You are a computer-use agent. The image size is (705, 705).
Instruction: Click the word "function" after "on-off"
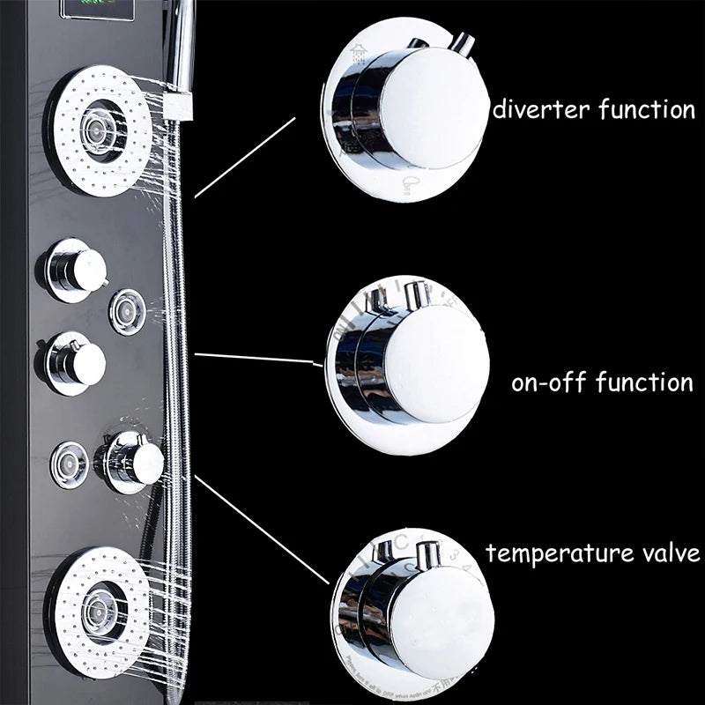pyautogui.click(x=644, y=383)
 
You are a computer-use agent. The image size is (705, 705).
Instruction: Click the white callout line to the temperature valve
pyautogui.click(x=264, y=529)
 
